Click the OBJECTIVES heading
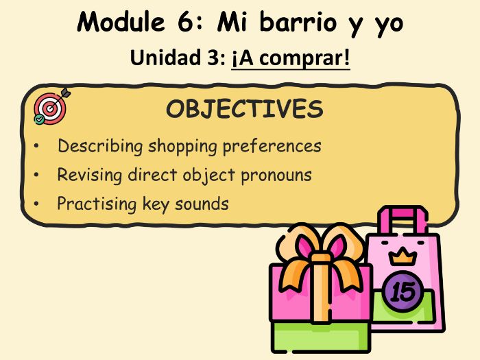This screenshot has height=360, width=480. point(244,109)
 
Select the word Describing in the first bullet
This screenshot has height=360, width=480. point(100,146)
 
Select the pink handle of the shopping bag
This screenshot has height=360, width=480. point(400,217)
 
